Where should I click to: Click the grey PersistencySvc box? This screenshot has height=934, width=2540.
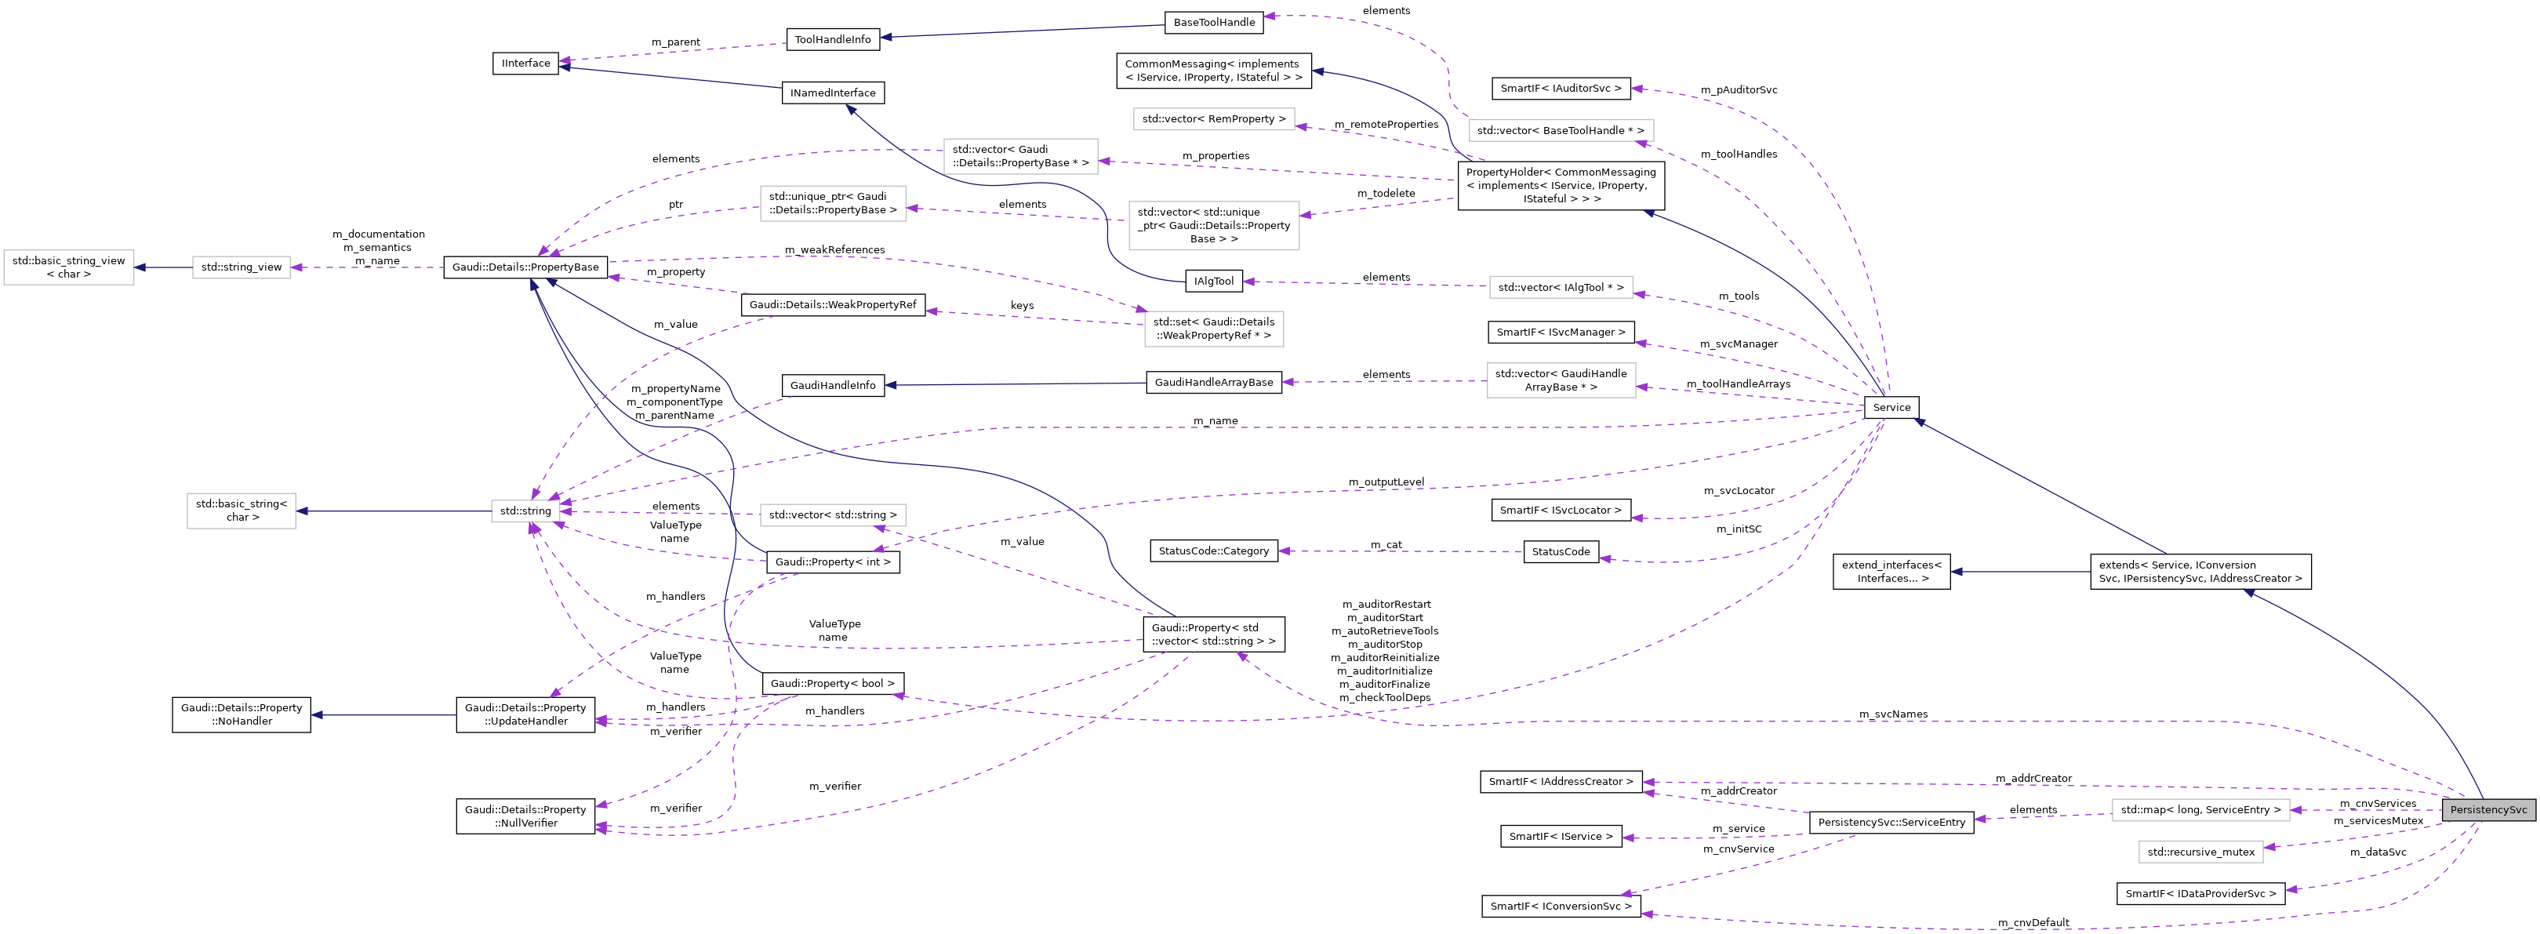2487,810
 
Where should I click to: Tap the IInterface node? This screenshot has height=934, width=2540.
525,63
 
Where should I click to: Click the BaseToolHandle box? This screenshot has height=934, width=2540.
1214,22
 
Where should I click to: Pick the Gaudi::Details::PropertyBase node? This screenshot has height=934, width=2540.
525,267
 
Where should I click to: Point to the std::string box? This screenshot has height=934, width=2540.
525,511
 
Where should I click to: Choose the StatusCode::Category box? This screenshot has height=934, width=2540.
1213,551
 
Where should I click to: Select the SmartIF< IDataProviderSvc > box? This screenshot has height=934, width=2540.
2200,893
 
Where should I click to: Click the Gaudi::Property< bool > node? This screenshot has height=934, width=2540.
832,684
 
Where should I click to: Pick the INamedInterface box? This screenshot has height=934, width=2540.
832,93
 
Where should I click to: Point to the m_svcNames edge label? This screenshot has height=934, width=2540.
1892,714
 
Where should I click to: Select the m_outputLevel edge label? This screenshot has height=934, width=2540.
1386,482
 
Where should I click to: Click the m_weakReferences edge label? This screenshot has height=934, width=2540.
834,249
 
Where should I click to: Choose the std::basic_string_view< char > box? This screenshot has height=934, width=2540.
68,267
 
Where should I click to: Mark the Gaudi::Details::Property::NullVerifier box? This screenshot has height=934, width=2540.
525,816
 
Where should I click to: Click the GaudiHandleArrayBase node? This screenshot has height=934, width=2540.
1213,382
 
